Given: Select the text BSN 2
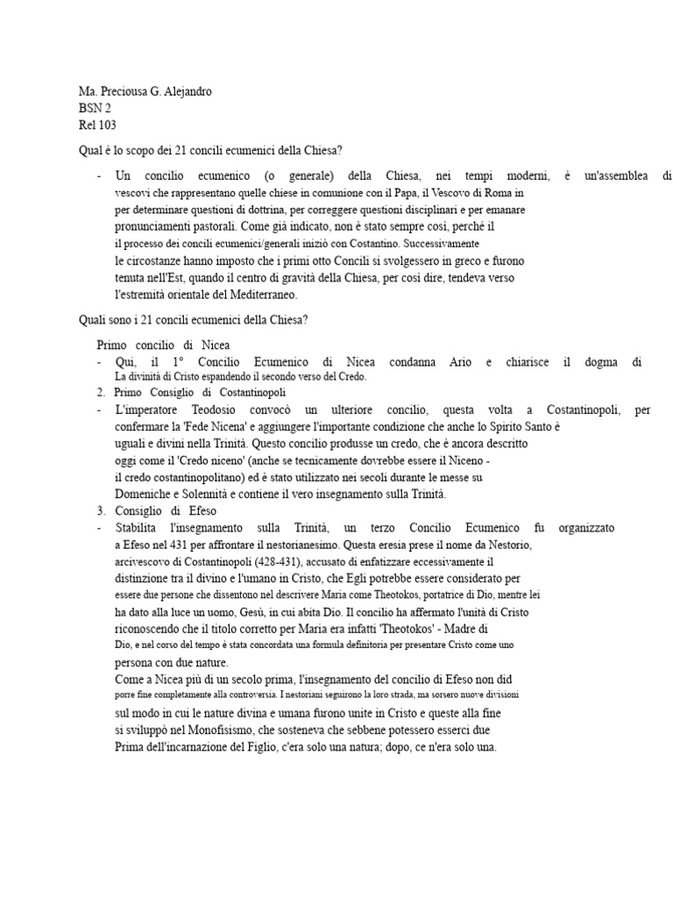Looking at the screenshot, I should point(95,109).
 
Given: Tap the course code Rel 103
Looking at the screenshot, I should point(97,125).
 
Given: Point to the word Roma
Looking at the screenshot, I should point(509,193).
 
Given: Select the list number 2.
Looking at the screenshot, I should point(101,392).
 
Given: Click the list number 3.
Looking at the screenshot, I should point(101,510).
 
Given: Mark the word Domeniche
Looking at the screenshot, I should point(145,494).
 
